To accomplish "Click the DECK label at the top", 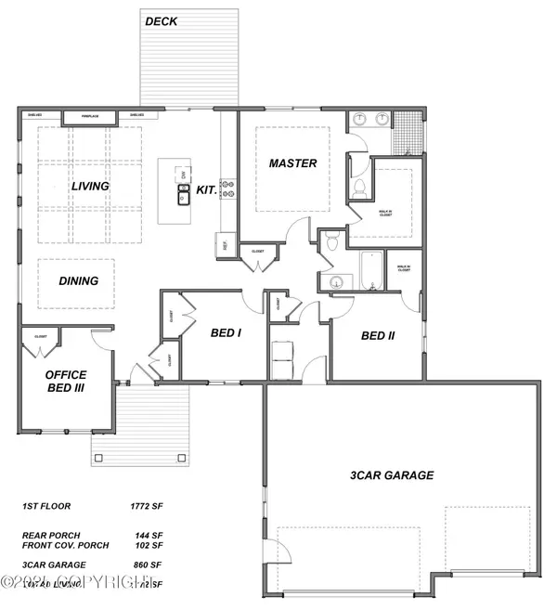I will tap(162, 20).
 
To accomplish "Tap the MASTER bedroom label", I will tap(292, 163).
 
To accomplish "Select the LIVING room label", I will tap(90, 187).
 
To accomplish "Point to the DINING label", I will tap(79, 280).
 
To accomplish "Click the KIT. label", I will tap(207, 189).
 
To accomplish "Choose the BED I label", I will tap(226, 332).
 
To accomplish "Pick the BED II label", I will tap(378, 336).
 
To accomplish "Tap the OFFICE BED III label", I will tap(66, 382).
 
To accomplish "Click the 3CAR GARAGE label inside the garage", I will tap(391, 475).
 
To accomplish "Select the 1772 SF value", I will tap(147, 507).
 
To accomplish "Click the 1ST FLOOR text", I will tap(45, 507).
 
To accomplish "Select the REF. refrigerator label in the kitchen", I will tap(225, 245).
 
